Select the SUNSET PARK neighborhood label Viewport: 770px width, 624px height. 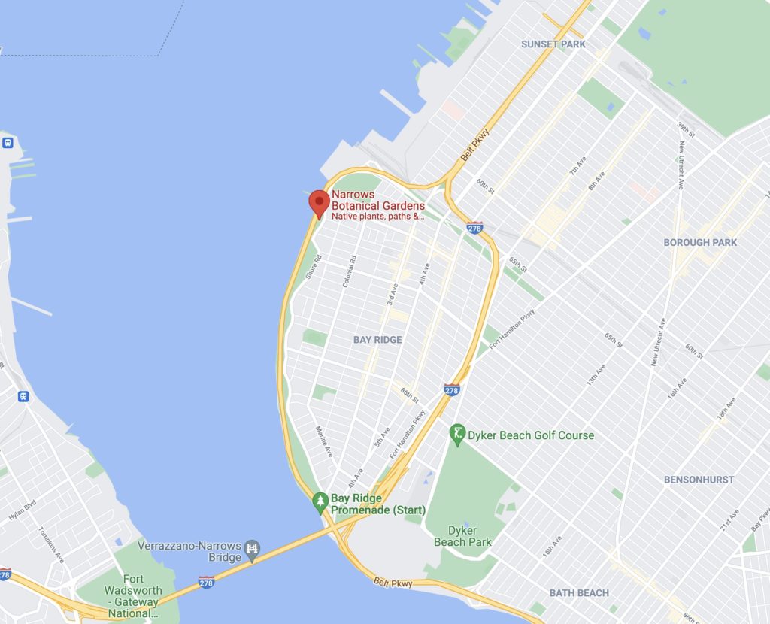pos(553,44)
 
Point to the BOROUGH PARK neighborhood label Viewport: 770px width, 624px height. pos(700,242)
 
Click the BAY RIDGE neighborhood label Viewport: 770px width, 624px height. pos(377,340)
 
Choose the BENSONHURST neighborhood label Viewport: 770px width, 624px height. pos(699,479)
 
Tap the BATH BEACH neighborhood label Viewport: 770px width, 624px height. pos(579,593)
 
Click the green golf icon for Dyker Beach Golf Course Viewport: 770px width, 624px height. pos(457,433)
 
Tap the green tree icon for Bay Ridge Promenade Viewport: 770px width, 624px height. pos(320,501)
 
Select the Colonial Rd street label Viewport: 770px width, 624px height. pos(349,271)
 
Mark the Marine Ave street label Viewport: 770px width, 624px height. pos(324,441)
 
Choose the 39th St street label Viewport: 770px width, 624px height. pos(684,128)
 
